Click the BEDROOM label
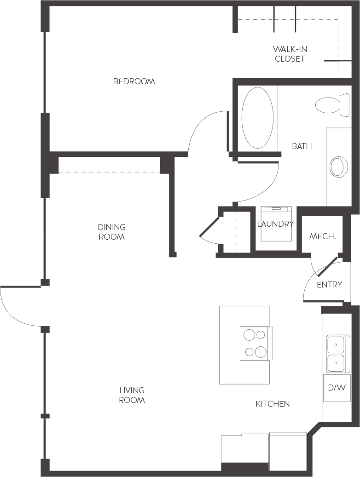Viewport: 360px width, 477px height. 134,81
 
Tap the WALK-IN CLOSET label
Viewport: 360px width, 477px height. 290,54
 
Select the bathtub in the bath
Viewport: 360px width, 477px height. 257,118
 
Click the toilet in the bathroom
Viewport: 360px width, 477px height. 332,105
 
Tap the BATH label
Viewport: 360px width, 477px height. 302,146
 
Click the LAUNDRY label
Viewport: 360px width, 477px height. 275,224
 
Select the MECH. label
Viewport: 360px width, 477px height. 322,236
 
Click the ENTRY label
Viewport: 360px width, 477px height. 329,285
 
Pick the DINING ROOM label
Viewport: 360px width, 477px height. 111,232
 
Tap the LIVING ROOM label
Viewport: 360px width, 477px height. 132,395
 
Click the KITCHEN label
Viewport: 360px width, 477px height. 273,404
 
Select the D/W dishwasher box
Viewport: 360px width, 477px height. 337,387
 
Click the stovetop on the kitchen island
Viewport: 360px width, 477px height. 255,343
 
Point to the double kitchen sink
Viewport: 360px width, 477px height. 336,353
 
